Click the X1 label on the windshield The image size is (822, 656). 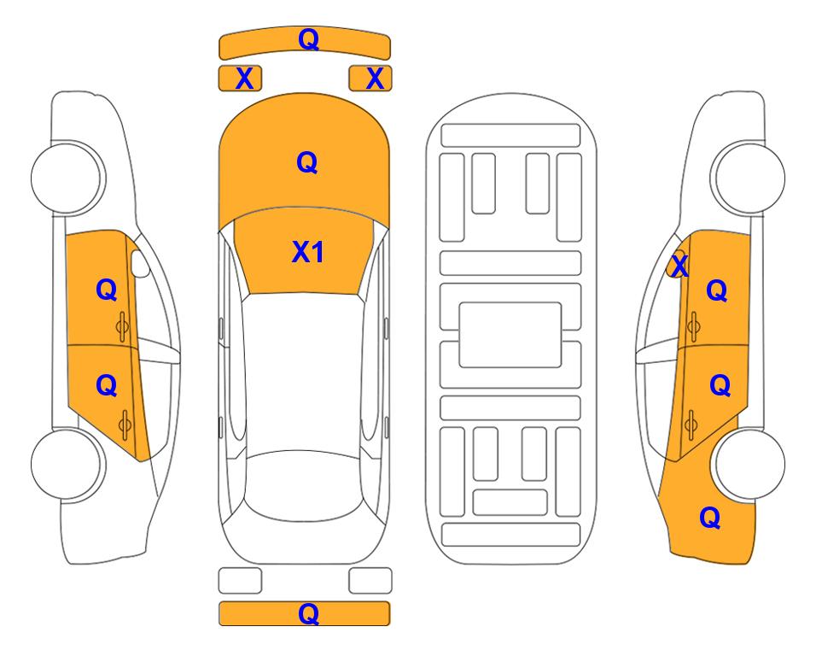pos(308,252)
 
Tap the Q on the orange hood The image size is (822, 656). pos(307,162)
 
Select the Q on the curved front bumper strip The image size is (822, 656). pos(309,39)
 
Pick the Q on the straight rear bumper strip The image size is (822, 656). pos(309,613)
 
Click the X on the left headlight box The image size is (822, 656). pos(244,79)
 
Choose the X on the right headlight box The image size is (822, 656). pos(375,79)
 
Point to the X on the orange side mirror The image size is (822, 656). pos(679,266)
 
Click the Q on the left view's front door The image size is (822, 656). pos(107,290)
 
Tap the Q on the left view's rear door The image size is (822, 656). pos(107,386)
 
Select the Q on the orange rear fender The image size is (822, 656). pos(710,518)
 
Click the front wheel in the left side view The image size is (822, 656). pos(67,178)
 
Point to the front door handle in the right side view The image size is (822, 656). pos(694,326)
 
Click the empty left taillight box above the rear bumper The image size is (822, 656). pos(240,581)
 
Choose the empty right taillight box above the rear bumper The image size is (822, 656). pos(370,581)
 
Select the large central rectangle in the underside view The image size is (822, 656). pos(510,335)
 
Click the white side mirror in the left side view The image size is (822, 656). pos(139,263)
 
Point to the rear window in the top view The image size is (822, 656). pos(304,485)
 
